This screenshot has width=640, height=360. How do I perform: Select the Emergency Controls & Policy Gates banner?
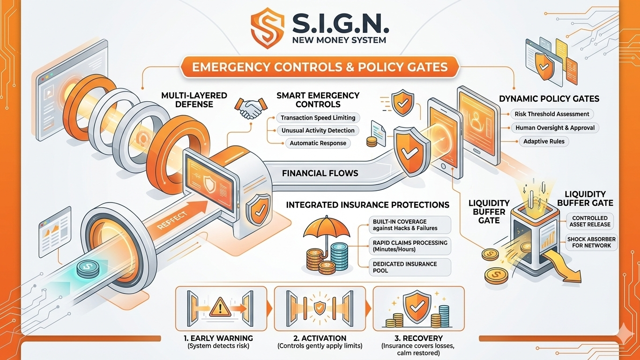[x=320, y=66]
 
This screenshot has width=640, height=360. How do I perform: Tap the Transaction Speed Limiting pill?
[x=318, y=118]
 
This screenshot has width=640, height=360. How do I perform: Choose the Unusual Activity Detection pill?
[x=318, y=130]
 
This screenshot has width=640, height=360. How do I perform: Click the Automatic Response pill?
[x=318, y=143]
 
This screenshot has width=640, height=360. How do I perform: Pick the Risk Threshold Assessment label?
[x=551, y=114]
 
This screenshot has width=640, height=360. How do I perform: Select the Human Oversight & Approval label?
[x=555, y=127]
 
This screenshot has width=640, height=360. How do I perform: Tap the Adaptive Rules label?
[x=543, y=141]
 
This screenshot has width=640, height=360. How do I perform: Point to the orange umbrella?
[x=326, y=228]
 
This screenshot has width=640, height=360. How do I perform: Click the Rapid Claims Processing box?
[x=410, y=246]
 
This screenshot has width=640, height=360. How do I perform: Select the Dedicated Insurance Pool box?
[x=410, y=267]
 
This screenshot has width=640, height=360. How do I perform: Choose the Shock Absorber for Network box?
[x=591, y=242]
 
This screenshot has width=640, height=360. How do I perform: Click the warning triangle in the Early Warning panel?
[x=219, y=308]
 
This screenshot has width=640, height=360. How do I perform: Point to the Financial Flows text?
[x=320, y=173]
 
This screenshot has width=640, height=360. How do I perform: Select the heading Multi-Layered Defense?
[x=194, y=99]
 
